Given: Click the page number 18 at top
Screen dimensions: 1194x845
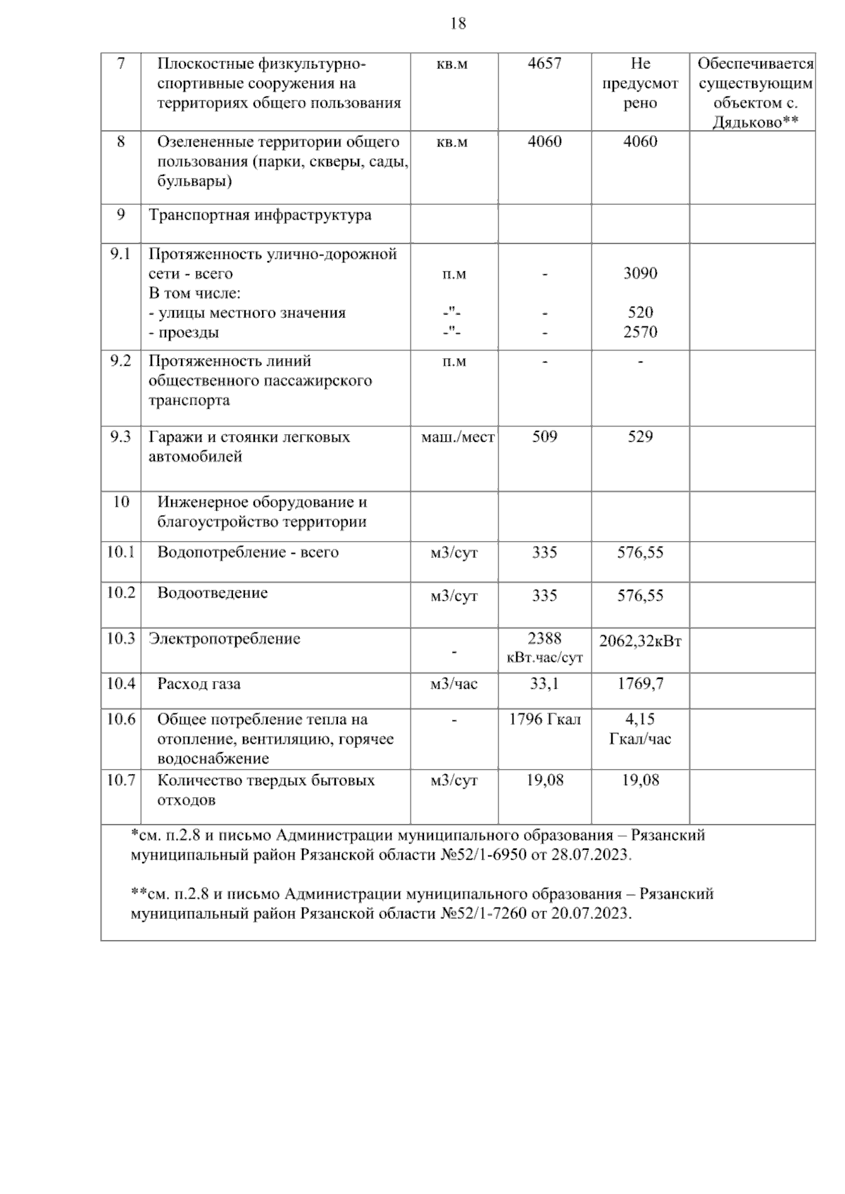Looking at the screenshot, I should pyautogui.click(x=458, y=24).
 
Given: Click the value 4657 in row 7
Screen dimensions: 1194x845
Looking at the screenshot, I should pyautogui.click(x=544, y=63).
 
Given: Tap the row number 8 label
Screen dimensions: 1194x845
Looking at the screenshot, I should pyautogui.click(x=120, y=141).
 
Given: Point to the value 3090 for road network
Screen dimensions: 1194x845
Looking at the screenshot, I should pyautogui.click(x=640, y=274).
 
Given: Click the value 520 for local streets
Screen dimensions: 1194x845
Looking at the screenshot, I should pyautogui.click(x=640, y=312).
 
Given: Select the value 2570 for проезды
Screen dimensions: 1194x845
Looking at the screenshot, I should pyautogui.click(x=640, y=332).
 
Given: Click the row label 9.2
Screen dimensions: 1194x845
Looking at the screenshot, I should pyautogui.click(x=120, y=361).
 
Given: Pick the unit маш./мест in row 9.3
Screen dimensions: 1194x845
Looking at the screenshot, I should pyautogui.click(x=457, y=437).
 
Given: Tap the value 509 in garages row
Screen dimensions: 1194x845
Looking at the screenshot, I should pyautogui.click(x=544, y=437).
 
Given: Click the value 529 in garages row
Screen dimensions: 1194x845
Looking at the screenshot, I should pyautogui.click(x=640, y=437).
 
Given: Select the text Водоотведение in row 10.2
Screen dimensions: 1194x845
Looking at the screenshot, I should pyautogui.click(x=212, y=593).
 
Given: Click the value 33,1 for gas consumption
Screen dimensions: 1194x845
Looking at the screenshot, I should pyautogui.click(x=544, y=683).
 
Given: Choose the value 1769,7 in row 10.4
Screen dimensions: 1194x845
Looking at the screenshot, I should pyautogui.click(x=640, y=683).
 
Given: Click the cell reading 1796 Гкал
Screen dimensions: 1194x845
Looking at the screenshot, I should pyautogui.click(x=544, y=720).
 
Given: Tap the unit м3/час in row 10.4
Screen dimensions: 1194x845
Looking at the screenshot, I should pyautogui.click(x=454, y=683).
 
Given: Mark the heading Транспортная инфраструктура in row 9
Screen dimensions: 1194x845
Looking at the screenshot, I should pyautogui.click(x=260, y=215).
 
